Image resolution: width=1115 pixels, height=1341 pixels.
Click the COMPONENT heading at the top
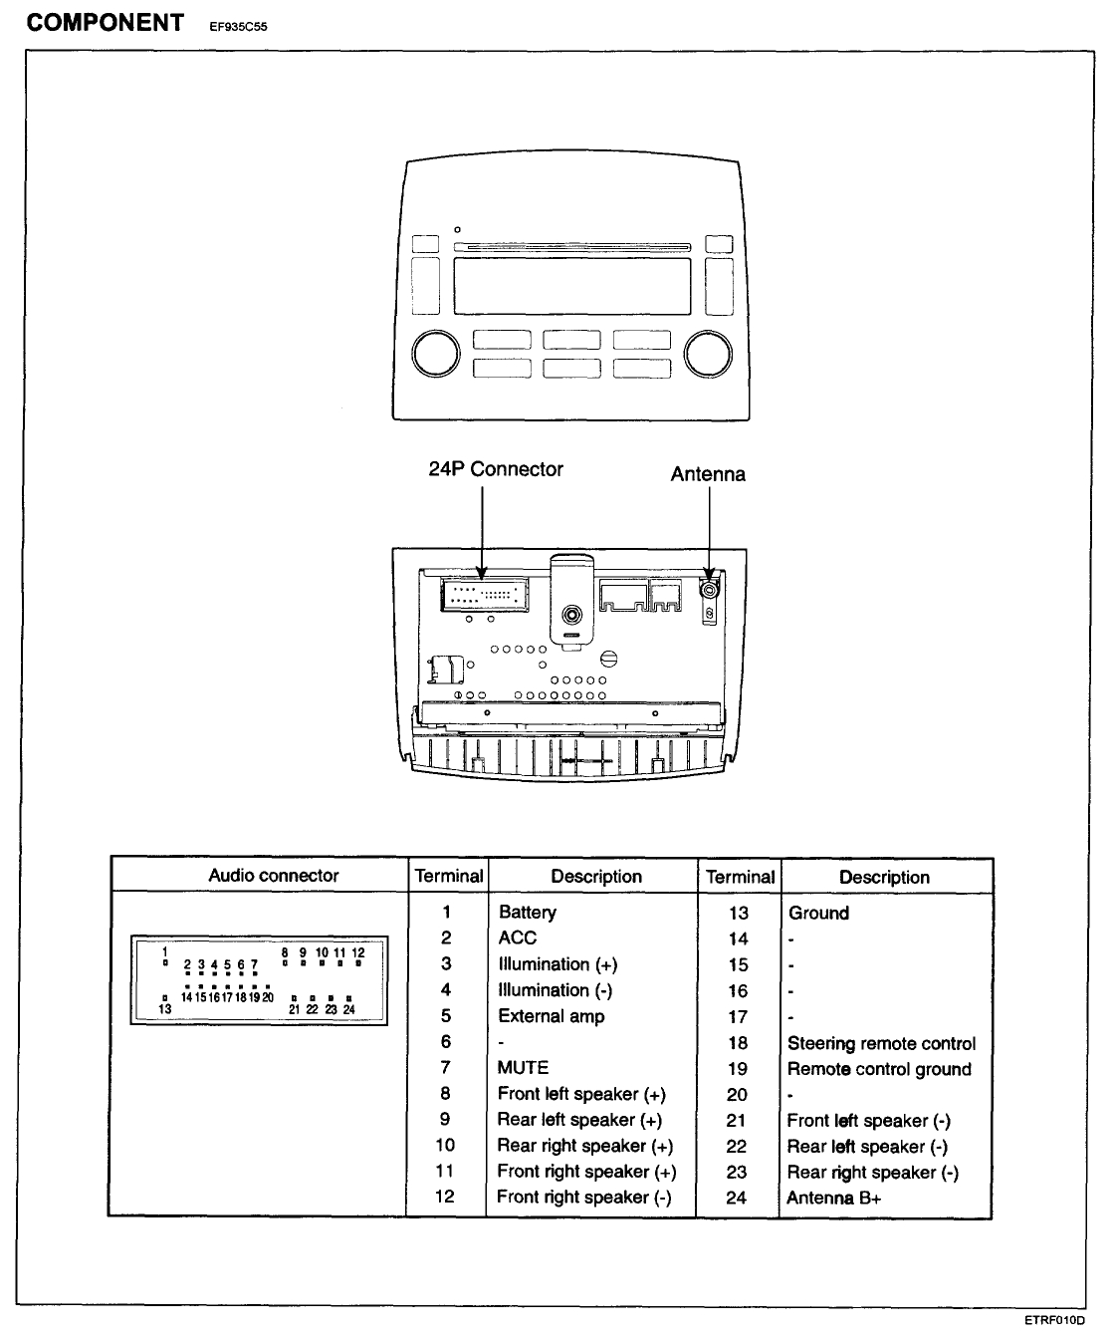105,23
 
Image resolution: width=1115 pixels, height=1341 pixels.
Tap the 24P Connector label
496,469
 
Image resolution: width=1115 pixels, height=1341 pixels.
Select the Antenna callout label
708,474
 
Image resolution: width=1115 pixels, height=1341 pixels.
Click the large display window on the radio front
571,286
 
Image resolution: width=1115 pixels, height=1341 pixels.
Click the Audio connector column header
273,876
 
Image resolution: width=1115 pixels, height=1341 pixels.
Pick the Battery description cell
528,913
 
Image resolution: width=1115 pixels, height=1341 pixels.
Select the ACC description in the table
518,938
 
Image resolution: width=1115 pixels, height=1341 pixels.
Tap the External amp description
552,1016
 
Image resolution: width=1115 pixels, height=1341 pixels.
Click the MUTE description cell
524,1067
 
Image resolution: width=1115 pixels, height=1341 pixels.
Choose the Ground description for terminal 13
818,913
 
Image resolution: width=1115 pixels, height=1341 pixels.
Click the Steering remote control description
881,1043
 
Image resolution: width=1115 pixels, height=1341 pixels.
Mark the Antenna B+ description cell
833,1198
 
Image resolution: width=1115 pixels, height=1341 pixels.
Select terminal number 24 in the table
737,1198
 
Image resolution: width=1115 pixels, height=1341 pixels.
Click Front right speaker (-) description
584,1197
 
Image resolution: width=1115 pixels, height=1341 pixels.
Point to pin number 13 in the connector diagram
165,1008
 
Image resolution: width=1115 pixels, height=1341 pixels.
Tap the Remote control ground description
879,1069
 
